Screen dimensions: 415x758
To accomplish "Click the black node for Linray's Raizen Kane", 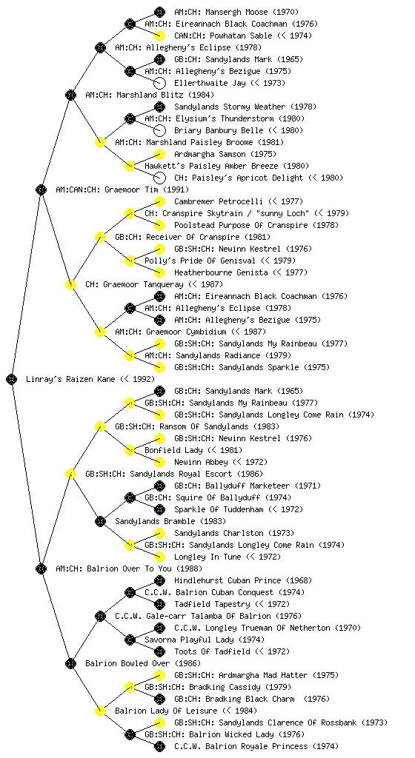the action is (x=12, y=379).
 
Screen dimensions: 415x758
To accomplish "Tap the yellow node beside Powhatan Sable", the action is (x=159, y=36).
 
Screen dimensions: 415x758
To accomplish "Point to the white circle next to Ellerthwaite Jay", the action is (x=159, y=83).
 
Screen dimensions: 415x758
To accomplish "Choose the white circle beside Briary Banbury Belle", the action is (x=159, y=130).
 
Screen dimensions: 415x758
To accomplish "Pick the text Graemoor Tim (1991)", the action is (x=147, y=189).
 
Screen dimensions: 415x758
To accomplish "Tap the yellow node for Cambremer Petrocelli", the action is (x=159, y=201).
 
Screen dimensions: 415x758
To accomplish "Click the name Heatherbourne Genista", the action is (x=221, y=272).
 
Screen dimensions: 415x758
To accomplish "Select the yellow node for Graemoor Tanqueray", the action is (x=70, y=284).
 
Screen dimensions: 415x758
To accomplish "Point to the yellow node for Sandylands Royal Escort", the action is (x=70, y=474).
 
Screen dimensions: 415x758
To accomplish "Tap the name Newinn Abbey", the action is (x=201, y=462).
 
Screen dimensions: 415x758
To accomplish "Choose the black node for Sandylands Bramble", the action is (x=100, y=521).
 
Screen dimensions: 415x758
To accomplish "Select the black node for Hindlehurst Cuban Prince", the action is (x=159, y=580).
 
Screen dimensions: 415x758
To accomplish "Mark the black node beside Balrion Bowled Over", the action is (x=70, y=663).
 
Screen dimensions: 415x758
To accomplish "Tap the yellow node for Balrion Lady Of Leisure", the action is (x=100, y=711).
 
